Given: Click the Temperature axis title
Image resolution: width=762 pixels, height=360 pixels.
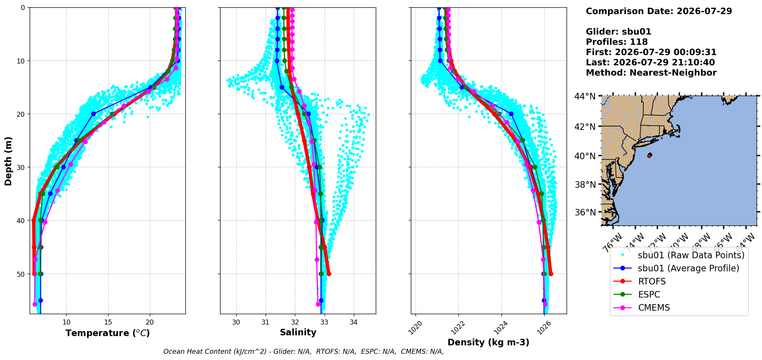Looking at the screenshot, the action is point(108,333).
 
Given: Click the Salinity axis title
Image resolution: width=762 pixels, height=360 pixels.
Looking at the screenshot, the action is point(298,332).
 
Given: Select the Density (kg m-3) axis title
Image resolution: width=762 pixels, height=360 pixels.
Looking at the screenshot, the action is point(488,342).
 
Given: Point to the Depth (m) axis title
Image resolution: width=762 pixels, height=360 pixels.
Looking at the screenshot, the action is point(8,161).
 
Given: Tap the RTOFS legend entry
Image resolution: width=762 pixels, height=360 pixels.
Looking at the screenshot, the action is point(652,281).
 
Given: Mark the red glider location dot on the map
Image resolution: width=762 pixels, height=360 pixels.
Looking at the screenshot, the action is point(650,155).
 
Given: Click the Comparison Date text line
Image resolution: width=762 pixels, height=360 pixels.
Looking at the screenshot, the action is point(659,11).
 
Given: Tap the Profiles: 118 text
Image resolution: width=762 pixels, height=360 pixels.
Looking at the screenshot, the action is point(617,42).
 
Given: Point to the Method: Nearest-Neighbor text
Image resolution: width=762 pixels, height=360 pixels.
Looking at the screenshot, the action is point(651,73).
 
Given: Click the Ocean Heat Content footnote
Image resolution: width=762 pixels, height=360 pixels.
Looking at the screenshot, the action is point(304,352).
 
